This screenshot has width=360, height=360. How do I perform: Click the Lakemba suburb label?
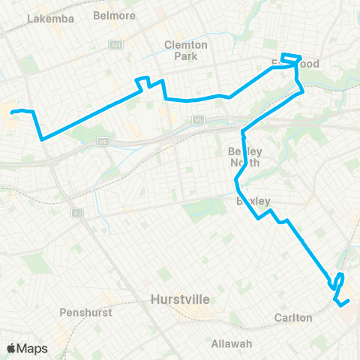pyautogui.click(x=50, y=19)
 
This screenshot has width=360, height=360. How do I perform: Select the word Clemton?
pyautogui.click(x=185, y=45)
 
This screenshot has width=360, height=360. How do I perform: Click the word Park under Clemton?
pyautogui.click(x=185, y=55)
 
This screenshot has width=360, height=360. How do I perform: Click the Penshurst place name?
pyautogui.click(x=84, y=310)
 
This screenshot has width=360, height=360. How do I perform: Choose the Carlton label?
pyautogui.click(x=293, y=318)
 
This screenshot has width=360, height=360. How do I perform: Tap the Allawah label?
pyautogui.click(x=231, y=343)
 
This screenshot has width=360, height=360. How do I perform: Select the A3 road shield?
pyautogui.click(x=77, y=213)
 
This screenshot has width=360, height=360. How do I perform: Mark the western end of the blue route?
pyautogui.click(x=12, y=112)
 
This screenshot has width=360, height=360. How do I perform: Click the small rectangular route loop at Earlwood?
pyautogui.click(x=291, y=59)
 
